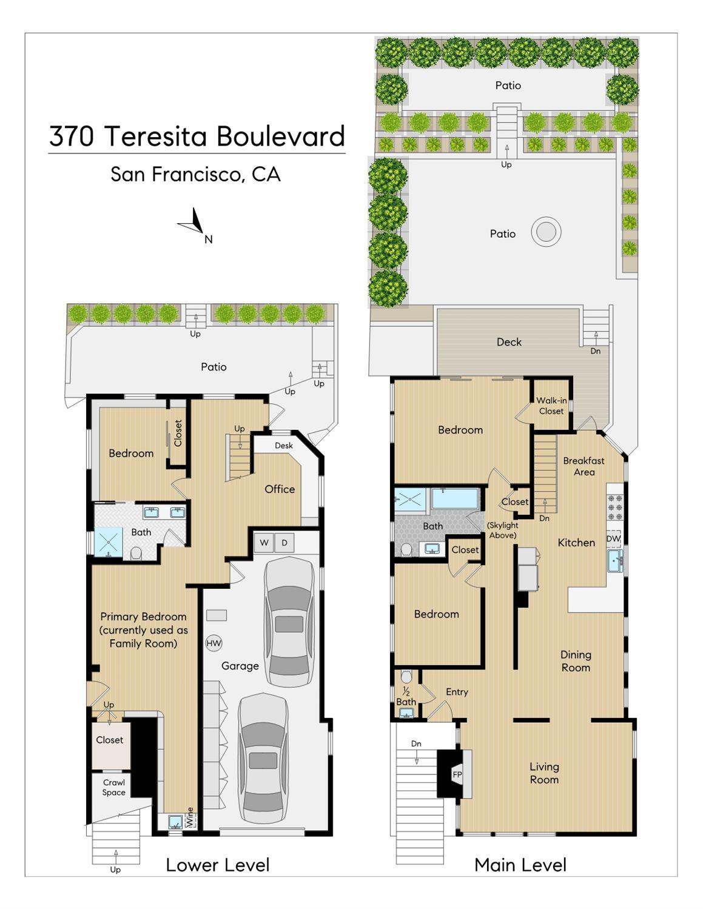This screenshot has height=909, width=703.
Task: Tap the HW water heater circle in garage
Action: (214, 643)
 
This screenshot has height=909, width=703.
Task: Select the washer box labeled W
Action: (264, 542)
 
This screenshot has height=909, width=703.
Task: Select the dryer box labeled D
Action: (284, 542)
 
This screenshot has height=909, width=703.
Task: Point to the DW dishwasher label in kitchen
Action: (613, 538)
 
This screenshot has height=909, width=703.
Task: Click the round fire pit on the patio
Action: (546, 232)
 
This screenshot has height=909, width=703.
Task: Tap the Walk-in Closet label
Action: (551, 406)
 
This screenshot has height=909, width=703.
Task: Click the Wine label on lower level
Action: (190, 817)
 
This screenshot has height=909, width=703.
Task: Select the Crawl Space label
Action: (113, 787)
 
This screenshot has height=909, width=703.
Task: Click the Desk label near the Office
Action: (283, 445)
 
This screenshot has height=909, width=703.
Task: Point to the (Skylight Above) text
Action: (502, 530)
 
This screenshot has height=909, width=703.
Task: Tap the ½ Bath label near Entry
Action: (406, 697)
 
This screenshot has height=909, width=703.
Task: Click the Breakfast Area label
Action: (584, 466)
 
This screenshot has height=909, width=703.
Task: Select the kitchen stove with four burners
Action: (614, 506)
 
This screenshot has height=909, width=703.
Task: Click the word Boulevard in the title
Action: (280, 136)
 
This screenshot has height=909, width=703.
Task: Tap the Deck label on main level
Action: (509, 342)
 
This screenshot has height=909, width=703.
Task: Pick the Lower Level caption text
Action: (217, 865)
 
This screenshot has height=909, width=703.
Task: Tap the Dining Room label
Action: (575, 661)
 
